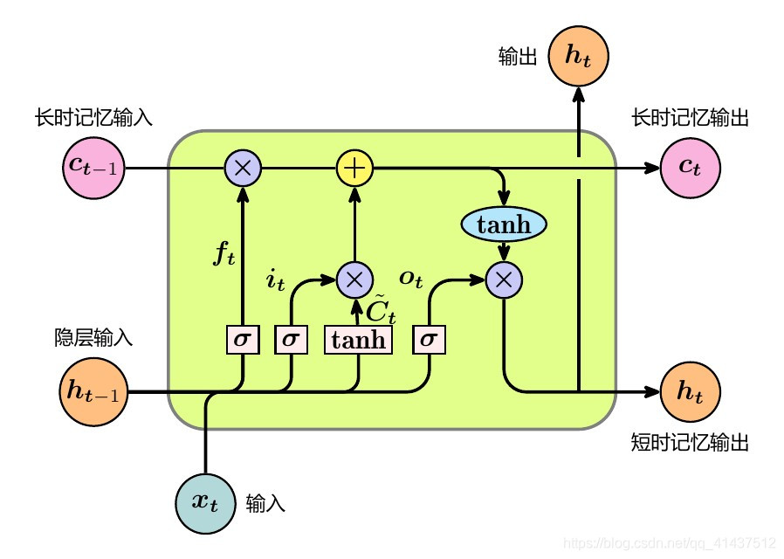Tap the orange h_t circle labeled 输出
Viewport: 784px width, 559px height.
[x=578, y=56]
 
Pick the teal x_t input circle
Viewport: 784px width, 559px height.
[x=206, y=503]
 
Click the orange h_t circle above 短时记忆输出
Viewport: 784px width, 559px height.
[x=690, y=392]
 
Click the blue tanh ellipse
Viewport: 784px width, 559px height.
[x=504, y=224]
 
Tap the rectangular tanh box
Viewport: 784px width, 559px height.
[x=359, y=339]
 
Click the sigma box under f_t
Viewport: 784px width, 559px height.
[x=243, y=339]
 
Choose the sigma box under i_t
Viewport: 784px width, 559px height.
[x=291, y=339]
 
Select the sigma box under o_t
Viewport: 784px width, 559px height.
[x=428, y=339]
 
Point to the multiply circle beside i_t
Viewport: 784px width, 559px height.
[x=354, y=279]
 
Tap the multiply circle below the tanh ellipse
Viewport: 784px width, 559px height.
[x=504, y=279]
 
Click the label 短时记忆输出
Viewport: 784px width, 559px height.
[x=690, y=443]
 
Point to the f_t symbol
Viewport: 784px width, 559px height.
[x=224, y=256]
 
